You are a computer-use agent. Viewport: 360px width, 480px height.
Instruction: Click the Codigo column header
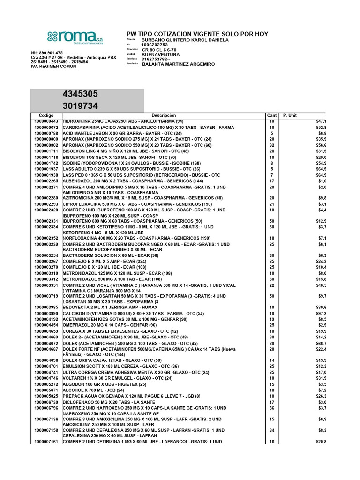(46, 115)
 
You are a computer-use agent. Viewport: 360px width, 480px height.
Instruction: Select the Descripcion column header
(164, 115)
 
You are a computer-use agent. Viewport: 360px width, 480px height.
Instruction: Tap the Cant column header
(271, 115)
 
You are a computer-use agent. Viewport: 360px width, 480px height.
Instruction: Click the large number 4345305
(81, 94)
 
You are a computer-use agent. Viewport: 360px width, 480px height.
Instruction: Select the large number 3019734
(81, 106)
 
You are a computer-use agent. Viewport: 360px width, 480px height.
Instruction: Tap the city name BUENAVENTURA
(161, 54)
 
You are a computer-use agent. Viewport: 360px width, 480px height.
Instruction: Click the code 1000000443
(46, 121)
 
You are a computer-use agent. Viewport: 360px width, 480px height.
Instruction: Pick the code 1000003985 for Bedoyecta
(46, 307)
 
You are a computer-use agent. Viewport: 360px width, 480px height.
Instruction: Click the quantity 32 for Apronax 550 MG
(271, 145)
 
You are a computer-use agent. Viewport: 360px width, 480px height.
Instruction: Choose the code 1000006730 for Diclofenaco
(46, 402)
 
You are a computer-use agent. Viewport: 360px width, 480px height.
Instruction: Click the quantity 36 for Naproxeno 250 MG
(271, 408)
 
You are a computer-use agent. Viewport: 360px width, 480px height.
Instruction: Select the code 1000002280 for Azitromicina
(46, 198)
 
